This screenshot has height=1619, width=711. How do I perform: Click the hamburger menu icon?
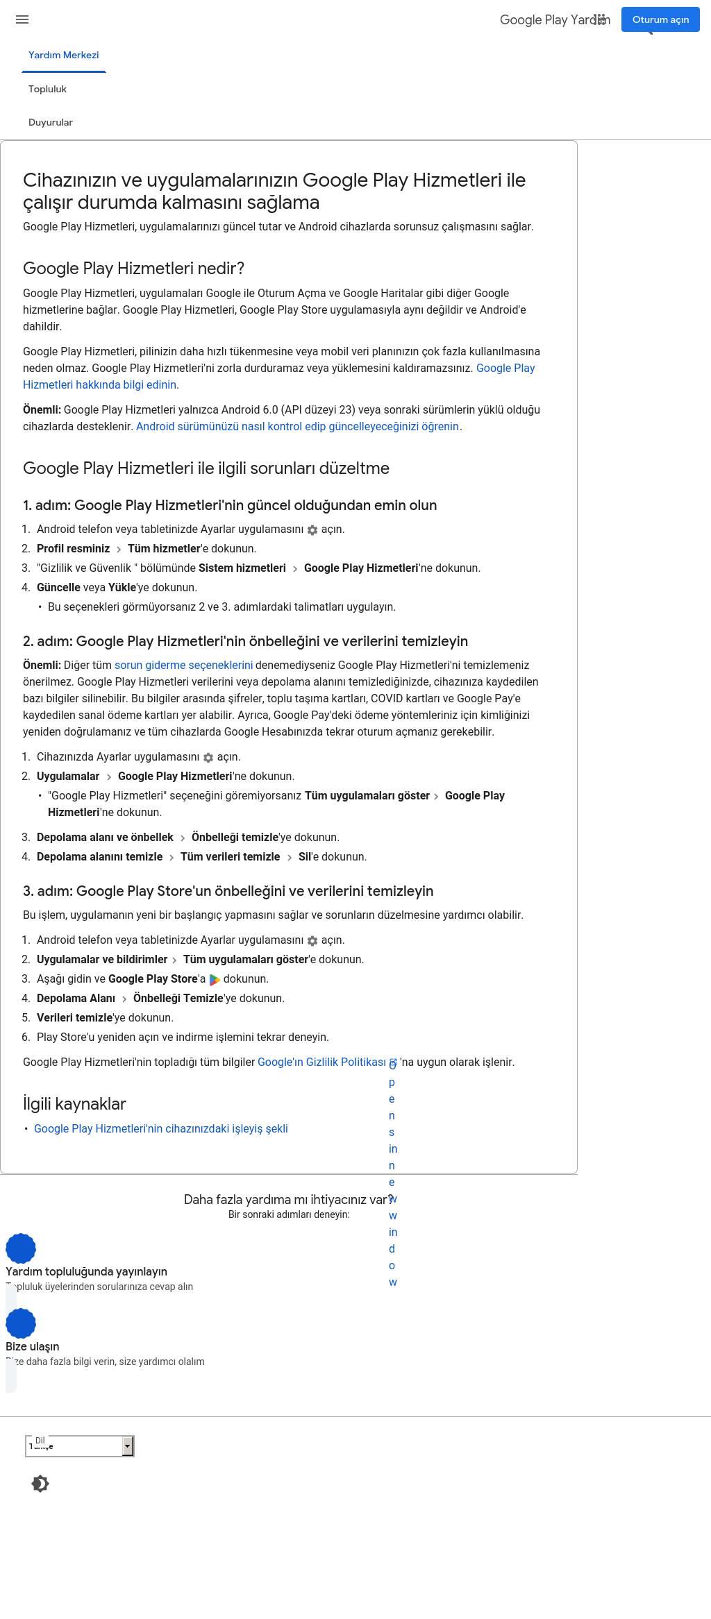tap(22, 19)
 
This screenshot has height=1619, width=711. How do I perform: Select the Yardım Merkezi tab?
tap(63, 55)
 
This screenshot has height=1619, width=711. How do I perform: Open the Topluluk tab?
tap(47, 89)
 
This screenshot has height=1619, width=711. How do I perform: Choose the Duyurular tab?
tap(50, 122)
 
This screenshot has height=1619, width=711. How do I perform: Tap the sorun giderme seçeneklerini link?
tap(183, 665)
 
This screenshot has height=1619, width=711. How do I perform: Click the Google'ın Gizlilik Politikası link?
tap(321, 1062)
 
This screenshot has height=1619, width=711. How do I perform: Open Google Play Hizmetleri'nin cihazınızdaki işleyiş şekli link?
tap(160, 1128)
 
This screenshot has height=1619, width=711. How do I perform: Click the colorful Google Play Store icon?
tap(215, 979)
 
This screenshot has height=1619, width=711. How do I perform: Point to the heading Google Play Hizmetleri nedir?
tap(133, 269)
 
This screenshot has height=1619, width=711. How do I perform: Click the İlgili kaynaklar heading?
tap(74, 1103)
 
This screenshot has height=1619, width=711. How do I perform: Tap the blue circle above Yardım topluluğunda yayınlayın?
tap(21, 1248)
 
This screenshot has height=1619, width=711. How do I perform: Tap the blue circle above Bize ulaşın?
tap(21, 1323)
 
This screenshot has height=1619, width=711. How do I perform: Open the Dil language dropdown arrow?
tap(128, 1446)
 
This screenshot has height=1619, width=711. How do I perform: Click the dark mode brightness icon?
tap(40, 1484)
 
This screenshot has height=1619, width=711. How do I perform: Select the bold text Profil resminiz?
tap(73, 548)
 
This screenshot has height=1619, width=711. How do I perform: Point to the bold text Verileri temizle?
tap(74, 1017)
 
